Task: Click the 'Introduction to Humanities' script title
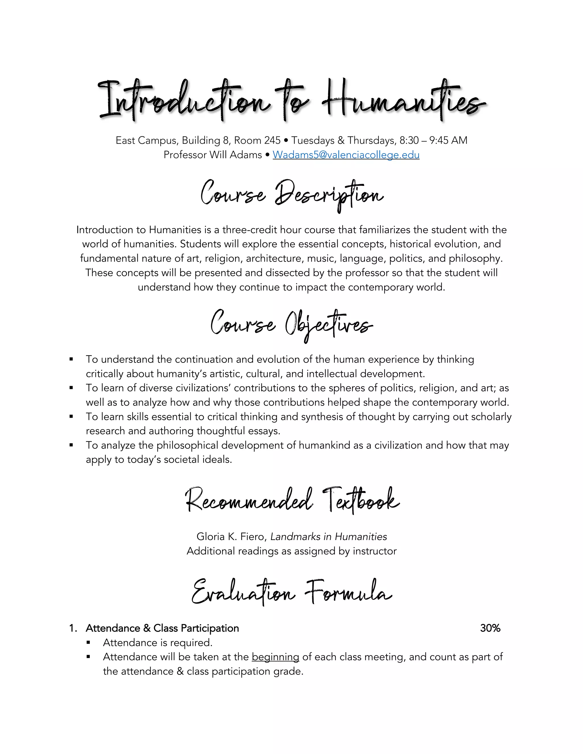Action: (292, 100)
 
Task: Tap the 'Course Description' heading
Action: (292, 195)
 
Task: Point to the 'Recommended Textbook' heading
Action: (292, 500)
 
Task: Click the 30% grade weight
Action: (490, 628)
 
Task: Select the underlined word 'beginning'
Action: (275, 657)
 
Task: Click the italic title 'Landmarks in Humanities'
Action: (329, 537)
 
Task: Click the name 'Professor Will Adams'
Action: (212, 155)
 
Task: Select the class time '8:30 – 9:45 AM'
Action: (433, 141)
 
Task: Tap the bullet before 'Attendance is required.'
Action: (89, 643)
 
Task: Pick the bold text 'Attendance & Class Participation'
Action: (162, 628)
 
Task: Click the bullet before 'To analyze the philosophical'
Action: (71, 445)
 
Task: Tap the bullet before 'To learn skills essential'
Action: (71, 417)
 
